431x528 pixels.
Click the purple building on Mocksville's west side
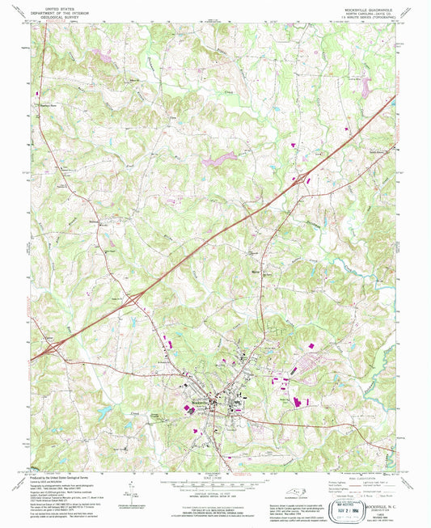coord(192,409)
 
